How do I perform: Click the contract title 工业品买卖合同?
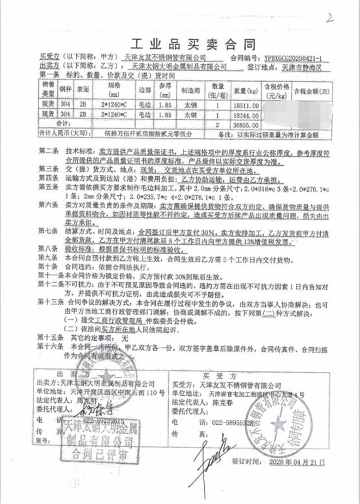coord(193,45)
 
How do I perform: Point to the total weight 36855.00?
coord(245,125)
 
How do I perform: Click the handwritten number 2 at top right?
coord(330,18)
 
